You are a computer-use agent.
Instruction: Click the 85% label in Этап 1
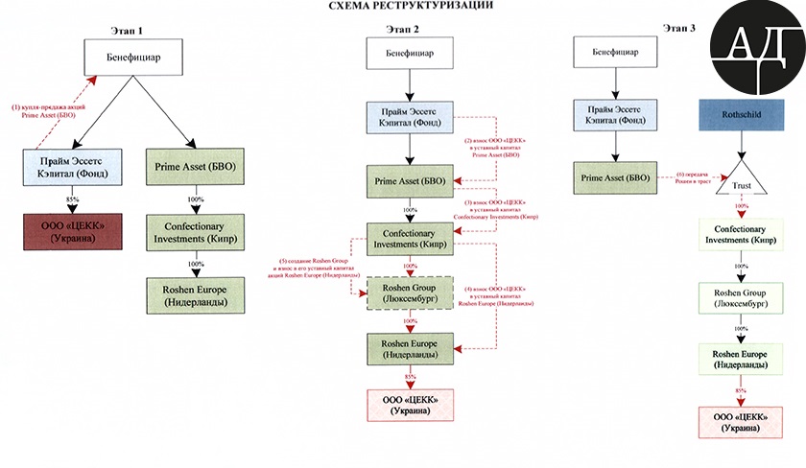tap(71, 199)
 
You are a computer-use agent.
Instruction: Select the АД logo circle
tap(757, 50)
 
